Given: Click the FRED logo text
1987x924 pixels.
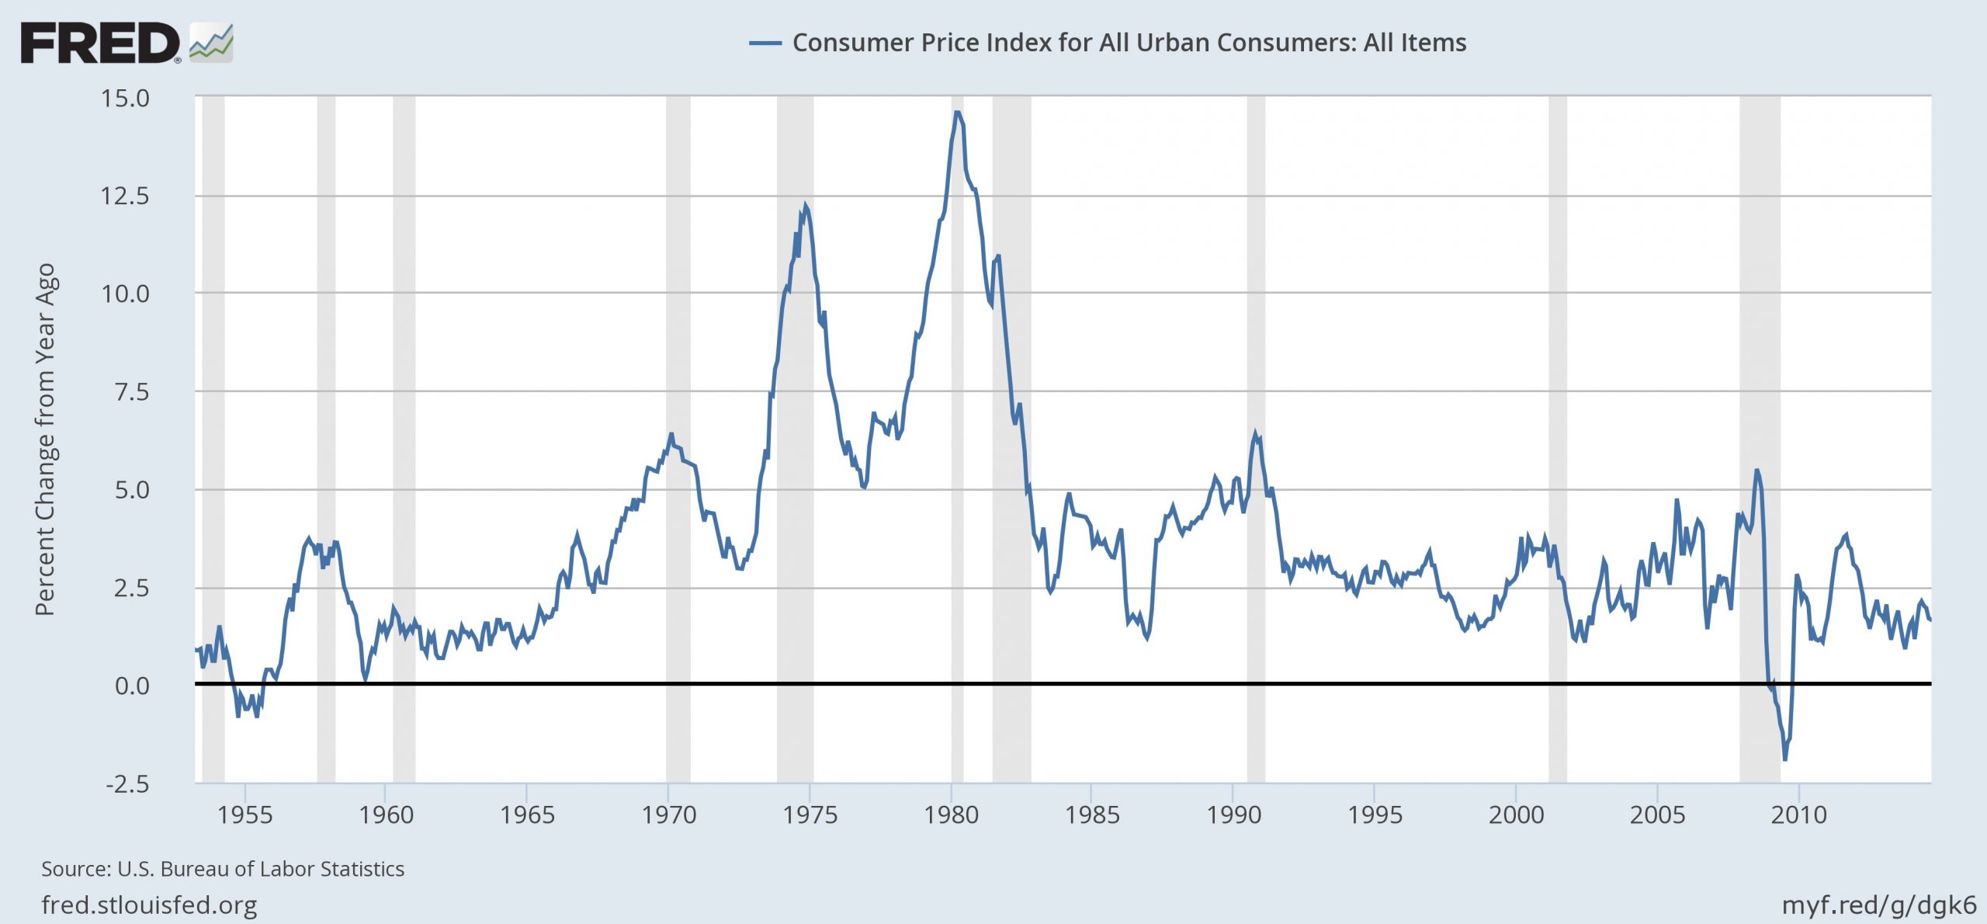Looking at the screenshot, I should [99, 43].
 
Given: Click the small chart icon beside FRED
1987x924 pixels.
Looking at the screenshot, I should [211, 43].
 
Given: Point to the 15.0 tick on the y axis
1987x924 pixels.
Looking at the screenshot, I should [125, 99].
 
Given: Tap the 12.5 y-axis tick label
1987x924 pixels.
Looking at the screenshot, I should [125, 196].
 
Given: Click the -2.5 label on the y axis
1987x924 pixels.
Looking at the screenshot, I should [127, 783].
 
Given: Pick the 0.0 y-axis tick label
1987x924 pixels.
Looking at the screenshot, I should [132, 686].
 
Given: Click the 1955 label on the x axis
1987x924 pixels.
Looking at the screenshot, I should [244, 815].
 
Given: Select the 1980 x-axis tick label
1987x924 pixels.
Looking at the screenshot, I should [952, 815].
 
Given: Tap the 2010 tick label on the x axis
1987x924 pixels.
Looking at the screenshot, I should [1799, 815].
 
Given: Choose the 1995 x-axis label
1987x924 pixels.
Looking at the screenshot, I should [1375, 815].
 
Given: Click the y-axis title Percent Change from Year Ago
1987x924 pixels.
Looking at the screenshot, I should [45, 439].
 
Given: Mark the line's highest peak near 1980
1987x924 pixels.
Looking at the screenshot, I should [957, 113].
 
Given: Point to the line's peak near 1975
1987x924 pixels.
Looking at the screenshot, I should [805, 206].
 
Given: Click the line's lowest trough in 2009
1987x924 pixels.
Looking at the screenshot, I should [1785, 759].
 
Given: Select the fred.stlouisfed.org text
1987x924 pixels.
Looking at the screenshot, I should [149, 905].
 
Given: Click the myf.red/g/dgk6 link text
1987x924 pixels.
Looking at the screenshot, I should [1878, 905].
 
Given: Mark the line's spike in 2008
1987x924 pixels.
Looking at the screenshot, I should [1756, 471].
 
